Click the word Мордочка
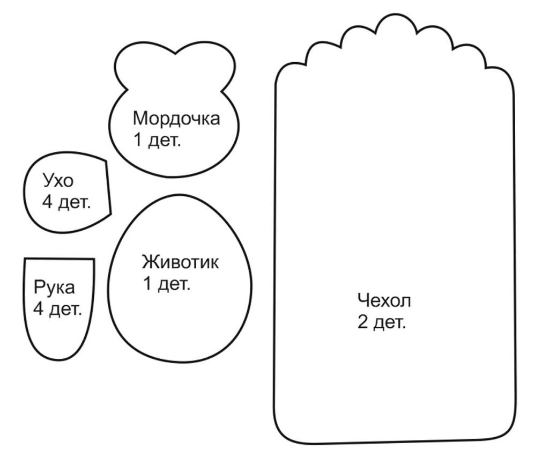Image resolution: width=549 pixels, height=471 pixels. pos(176,118)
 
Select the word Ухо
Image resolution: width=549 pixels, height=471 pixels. pos(57,181)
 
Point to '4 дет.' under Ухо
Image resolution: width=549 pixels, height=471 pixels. pos(66,203)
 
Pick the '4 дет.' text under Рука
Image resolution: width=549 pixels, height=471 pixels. pos(57,309)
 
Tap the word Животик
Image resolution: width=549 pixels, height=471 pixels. pos(181,263)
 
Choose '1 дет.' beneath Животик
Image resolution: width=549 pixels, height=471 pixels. pos(167,284)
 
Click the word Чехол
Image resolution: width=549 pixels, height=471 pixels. pos(384,300)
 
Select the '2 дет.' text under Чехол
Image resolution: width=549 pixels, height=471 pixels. pos(382,323)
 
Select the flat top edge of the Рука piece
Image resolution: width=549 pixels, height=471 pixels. pos(59,259)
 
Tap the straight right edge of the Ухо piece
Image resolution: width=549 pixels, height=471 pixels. pos(108,187)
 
